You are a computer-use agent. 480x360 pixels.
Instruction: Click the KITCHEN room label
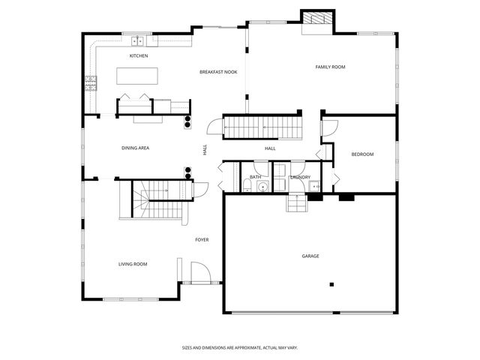point(139,56)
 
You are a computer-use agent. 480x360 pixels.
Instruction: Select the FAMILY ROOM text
point(330,67)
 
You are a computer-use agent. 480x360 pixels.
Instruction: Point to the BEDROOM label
point(362,154)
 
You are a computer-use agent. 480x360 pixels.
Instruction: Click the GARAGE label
point(310,256)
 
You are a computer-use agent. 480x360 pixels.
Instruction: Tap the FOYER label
point(202,240)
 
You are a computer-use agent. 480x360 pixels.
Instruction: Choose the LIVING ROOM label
point(132,264)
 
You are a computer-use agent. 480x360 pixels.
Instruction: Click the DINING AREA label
point(135,148)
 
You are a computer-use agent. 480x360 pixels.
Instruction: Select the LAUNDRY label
point(300,177)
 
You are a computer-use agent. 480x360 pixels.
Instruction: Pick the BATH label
point(256,177)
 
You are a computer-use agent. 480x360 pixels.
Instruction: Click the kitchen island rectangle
point(137,76)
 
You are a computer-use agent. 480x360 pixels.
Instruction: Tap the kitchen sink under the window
point(139,41)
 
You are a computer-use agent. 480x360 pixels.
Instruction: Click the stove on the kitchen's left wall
point(91,84)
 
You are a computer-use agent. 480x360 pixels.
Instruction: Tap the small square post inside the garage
point(331,284)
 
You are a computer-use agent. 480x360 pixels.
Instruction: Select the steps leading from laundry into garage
point(297,202)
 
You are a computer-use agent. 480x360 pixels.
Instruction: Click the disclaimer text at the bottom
point(239,347)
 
